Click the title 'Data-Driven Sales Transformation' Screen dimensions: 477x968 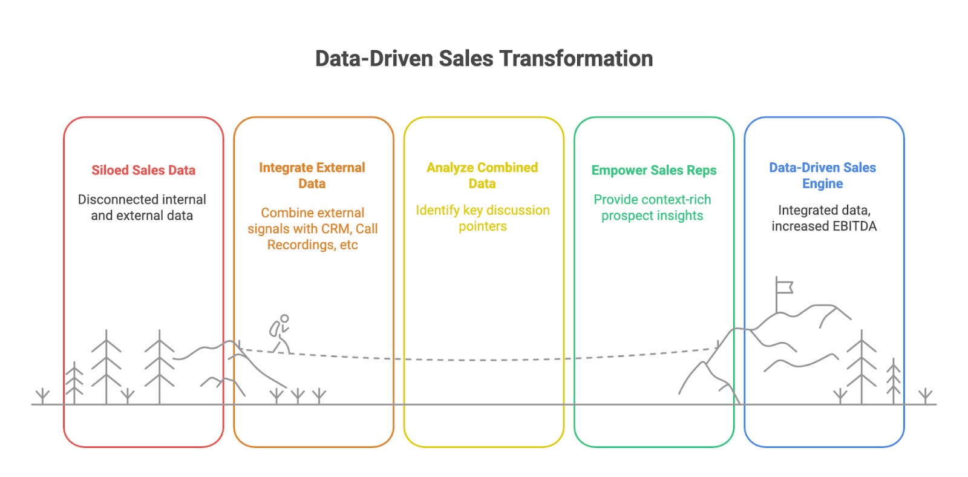pyautogui.click(x=484, y=59)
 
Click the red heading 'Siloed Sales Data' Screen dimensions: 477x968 pyautogui.click(x=143, y=170)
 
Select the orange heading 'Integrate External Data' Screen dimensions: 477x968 pyautogui.click(x=312, y=175)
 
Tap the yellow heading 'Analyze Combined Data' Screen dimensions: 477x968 pyautogui.click(x=482, y=175)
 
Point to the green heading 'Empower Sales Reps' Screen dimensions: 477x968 pyautogui.click(x=653, y=170)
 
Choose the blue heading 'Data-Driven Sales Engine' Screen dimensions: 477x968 pyautogui.click(x=822, y=175)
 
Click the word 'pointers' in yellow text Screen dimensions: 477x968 pyautogui.click(x=483, y=226)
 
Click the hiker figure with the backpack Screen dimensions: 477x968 pyautogui.click(x=280, y=332)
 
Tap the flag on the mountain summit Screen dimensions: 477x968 pyautogui.click(x=784, y=286)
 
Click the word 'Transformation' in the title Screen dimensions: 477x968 pyautogui.click(x=577, y=59)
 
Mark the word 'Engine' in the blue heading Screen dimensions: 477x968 pyautogui.click(x=822, y=183)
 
